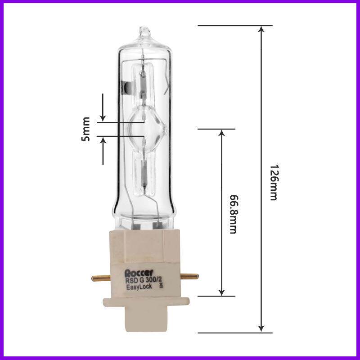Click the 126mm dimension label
tap(274, 183)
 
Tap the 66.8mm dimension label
tap(234, 214)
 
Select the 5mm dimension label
tap(85, 129)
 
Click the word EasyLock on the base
tap(139, 287)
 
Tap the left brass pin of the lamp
tap(101, 278)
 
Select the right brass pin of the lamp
tap(189, 276)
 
